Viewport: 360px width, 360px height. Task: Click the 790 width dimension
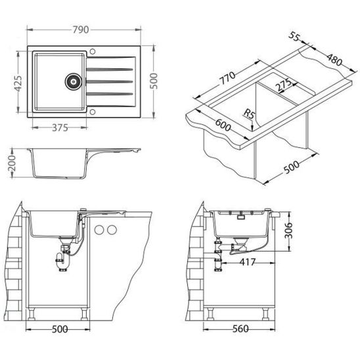[81, 30]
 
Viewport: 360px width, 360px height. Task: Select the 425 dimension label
[18, 83]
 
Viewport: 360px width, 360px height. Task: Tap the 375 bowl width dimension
[60, 128]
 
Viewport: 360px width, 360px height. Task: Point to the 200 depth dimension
[11, 164]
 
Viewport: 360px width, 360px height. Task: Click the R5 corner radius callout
[249, 114]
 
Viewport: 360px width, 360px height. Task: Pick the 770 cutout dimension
[227, 78]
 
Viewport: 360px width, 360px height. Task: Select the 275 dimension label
[283, 85]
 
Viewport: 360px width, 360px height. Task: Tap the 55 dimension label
[294, 36]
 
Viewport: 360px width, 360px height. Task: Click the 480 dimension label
[334, 60]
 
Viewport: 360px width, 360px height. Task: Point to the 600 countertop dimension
[223, 125]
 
